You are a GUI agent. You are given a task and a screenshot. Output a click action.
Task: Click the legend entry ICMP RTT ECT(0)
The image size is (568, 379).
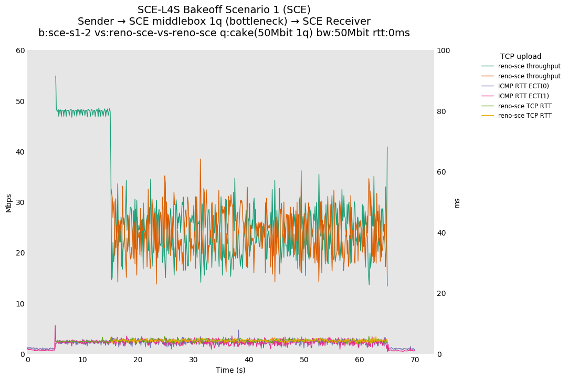[x=523, y=86]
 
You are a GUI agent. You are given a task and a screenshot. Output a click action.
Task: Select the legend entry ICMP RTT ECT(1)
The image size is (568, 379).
[x=523, y=96]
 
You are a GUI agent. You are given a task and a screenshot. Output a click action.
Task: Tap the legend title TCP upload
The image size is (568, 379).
[x=521, y=56]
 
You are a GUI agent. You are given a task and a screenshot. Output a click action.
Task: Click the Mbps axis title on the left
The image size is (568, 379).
[x=8, y=203]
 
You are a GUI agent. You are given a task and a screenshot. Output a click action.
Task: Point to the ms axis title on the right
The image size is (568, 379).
[x=457, y=203]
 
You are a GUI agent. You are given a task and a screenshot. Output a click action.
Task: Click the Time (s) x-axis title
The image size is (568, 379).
[x=230, y=370]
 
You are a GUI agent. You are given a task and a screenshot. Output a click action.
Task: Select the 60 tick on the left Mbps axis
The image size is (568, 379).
[x=20, y=50]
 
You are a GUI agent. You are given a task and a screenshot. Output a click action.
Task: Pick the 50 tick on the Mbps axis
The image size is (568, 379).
[x=20, y=101]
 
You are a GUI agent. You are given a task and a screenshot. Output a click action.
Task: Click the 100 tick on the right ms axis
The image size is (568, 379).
[x=443, y=50]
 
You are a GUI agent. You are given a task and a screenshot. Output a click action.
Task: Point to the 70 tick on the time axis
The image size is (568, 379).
[x=415, y=360]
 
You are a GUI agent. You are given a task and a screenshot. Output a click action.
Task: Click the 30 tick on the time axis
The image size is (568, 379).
[x=194, y=360]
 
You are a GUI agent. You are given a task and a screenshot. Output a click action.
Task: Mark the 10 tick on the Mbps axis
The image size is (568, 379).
[x=20, y=303]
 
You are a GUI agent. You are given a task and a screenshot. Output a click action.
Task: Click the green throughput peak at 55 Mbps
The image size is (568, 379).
[x=56, y=76]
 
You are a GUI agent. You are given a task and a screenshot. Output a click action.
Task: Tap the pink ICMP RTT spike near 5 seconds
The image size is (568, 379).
[x=55, y=325]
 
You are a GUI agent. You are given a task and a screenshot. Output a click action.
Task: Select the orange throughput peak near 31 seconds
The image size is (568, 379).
[x=200, y=159]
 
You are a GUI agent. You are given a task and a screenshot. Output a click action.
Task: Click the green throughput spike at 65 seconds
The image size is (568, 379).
[x=387, y=147]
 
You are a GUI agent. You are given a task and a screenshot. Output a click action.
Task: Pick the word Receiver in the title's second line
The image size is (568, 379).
[x=349, y=22]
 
